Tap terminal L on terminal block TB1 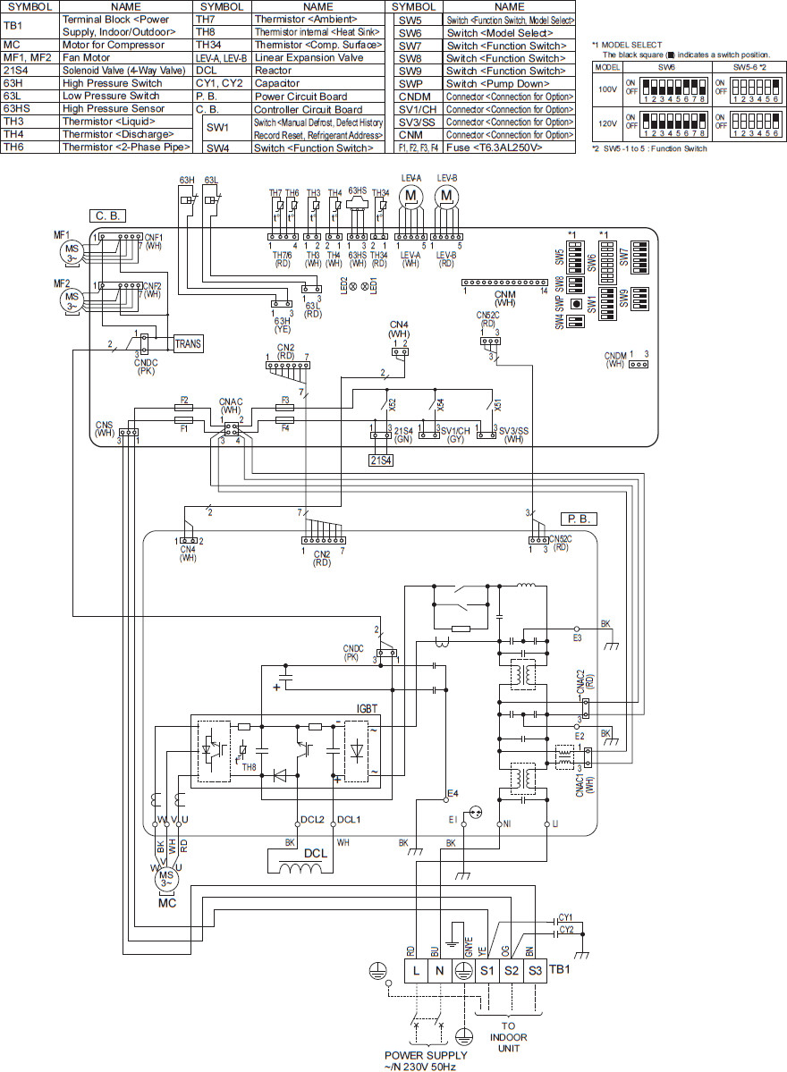(x=417, y=970)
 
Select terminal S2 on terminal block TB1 (x=511, y=970)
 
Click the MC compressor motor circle (x=165, y=880)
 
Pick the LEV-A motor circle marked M (x=410, y=196)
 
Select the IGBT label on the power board (x=368, y=707)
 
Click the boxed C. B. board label (x=106, y=215)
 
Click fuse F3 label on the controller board (x=285, y=401)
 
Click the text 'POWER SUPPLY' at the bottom (x=420, y=1055)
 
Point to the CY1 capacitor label (x=565, y=916)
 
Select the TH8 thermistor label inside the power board (x=249, y=766)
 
